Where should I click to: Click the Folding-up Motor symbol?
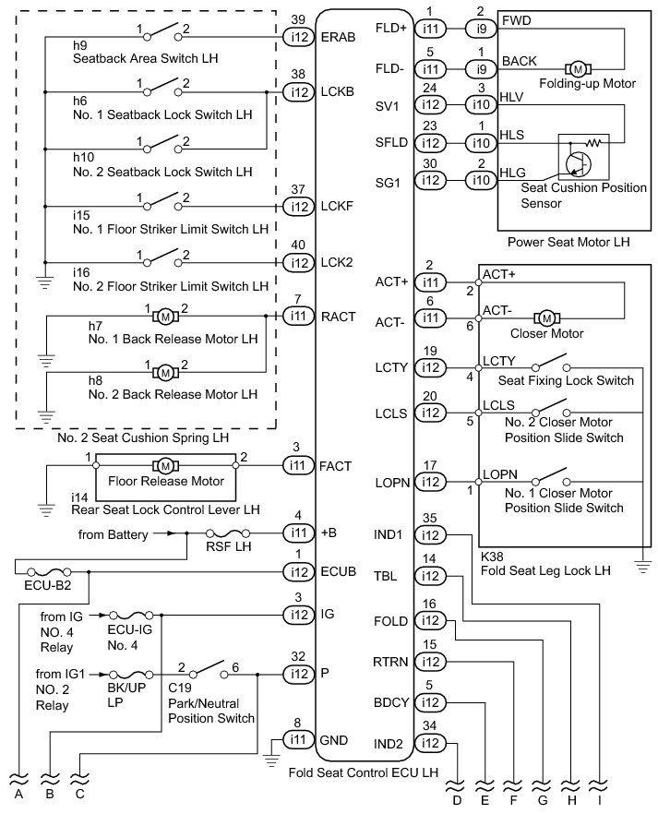[578, 69]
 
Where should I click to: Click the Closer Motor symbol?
[546, 317]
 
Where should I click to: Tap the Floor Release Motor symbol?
[165, 465]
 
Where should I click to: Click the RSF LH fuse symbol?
[227, 533]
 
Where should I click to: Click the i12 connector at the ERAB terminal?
[299, 37]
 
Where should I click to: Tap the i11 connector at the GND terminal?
[298, 739]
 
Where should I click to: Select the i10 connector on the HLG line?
[481, 180]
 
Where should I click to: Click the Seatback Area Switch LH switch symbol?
[163, 32]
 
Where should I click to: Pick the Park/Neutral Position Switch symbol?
[209, 670]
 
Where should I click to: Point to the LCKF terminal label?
[337, 207]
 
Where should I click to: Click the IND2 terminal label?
[389, 744]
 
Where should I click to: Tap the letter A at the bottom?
[18, 794]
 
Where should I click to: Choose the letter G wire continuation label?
[543, 800]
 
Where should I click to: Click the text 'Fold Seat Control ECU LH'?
[364, 772]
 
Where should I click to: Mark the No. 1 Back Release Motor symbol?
[165, 316]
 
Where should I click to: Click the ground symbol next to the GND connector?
[271, 760]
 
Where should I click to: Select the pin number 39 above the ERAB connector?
[298, 19]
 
